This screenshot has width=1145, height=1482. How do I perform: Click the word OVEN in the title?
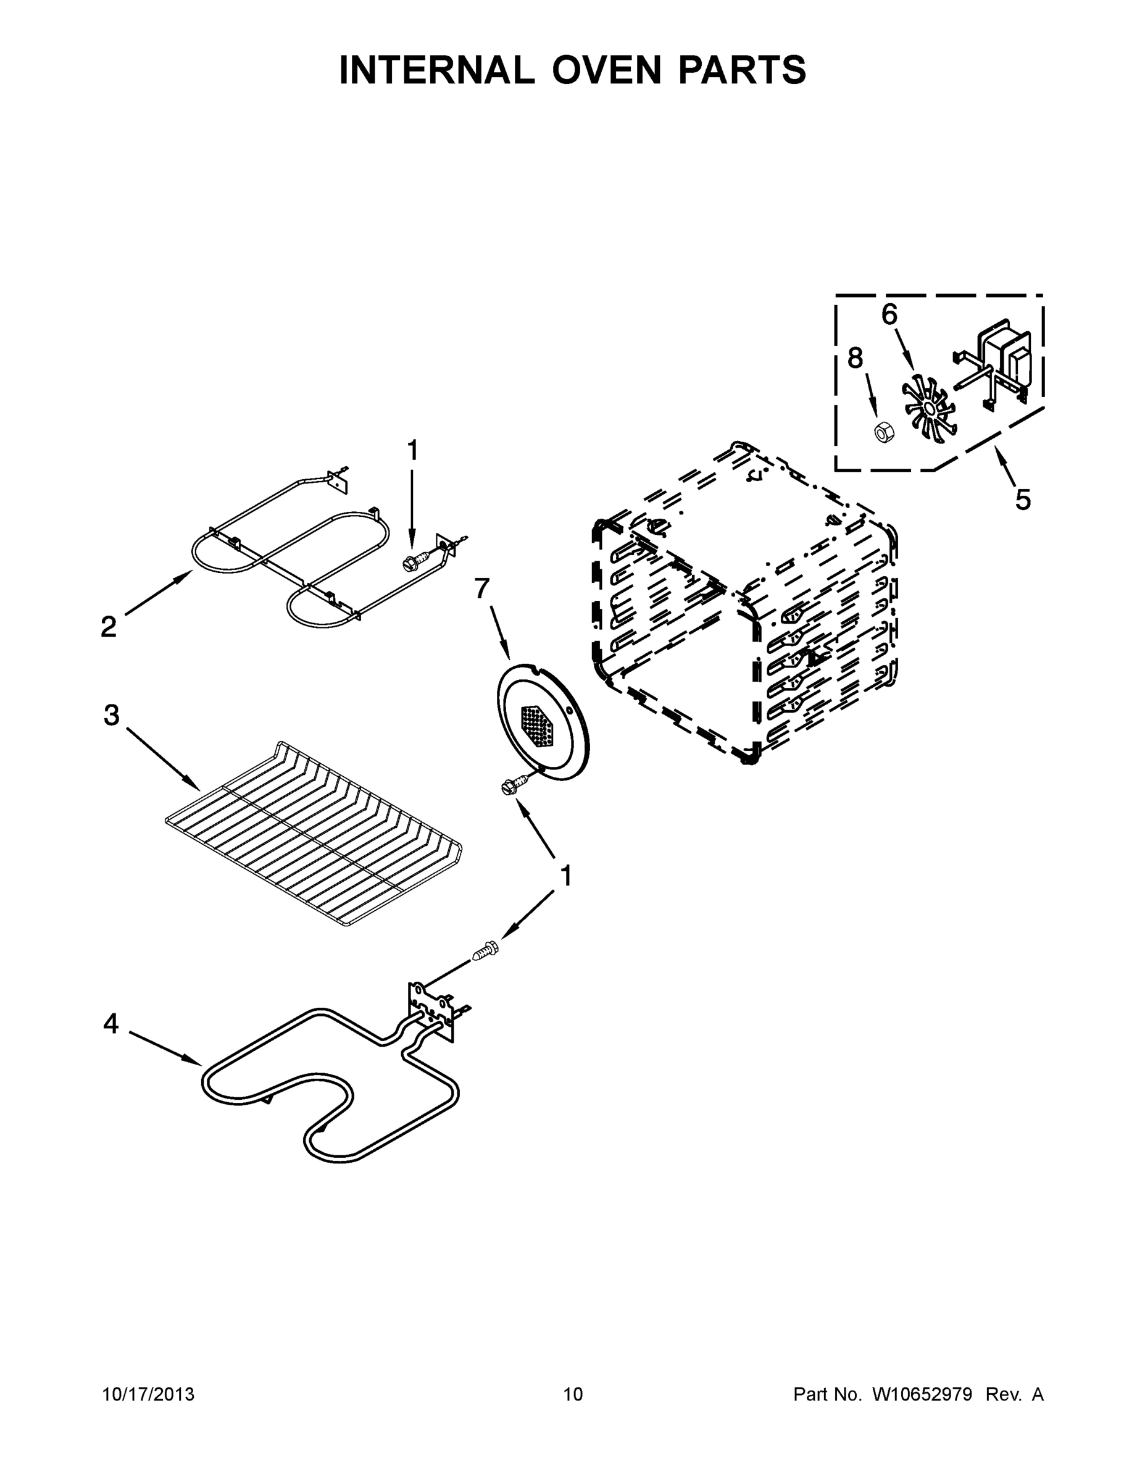tap(606, 70)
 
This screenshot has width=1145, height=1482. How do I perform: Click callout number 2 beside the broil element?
tap(109, 626)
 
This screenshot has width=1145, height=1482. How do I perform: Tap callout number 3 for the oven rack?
tap(111, 714)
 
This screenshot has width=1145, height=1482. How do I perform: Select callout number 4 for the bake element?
tap(110, 1024)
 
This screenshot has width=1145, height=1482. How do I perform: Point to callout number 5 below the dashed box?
tap(1023, 500)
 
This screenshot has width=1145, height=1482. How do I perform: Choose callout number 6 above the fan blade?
tap(889, 314)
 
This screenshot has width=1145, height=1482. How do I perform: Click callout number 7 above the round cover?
tap(481, 588)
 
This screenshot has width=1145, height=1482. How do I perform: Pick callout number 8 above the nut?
tap(856, 358)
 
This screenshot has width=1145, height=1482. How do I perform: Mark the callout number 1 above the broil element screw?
tap(412, 451)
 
